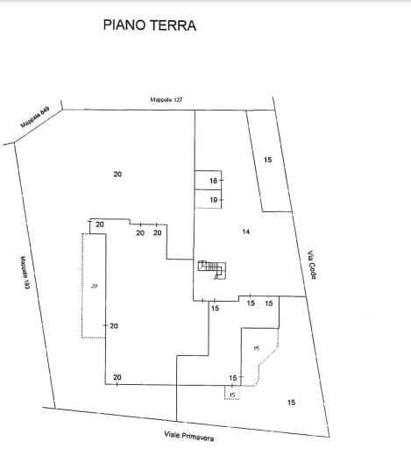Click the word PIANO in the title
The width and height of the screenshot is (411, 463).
(x=124, y=25)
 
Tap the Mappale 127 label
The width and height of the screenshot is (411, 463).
(x=167, y=99)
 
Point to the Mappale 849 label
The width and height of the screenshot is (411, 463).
(x=35, y=118)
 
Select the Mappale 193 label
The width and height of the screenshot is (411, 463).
(x=25, y=272)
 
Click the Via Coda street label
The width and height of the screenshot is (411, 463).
(x=312, y=265)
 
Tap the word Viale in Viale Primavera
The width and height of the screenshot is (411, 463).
(x=172, y=434)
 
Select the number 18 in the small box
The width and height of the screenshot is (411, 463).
(x=213, y=181)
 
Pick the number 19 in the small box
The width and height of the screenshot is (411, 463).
(x=213, y=200)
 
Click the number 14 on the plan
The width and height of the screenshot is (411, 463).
(x=245, y=231)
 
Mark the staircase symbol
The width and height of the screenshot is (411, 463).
(x=212, y=269)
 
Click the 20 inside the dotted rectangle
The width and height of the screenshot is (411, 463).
(x=94, y=286)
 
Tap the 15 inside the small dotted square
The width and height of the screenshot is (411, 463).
(x=232, y=395)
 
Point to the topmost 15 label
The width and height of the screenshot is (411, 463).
(x=267, y=160)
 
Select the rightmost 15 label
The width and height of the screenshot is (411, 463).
(x=291, y=402)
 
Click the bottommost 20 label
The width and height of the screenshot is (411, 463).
(x=117, y=377)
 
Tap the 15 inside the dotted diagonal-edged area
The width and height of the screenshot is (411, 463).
(x=257, y=348)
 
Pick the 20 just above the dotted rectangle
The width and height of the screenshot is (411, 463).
(x=100, y=224)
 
